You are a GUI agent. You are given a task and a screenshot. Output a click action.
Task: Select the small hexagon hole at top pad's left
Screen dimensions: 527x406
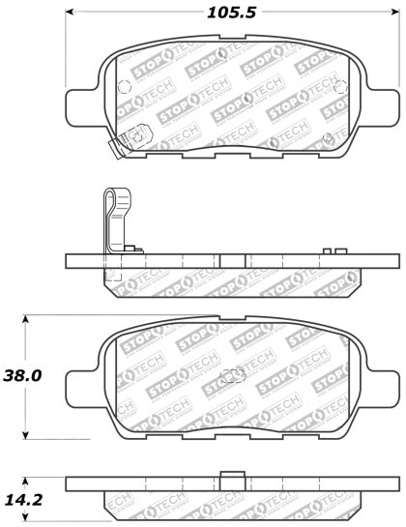pos(123,84)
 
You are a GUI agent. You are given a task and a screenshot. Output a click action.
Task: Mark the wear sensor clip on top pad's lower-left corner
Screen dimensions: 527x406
pos(120,148)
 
